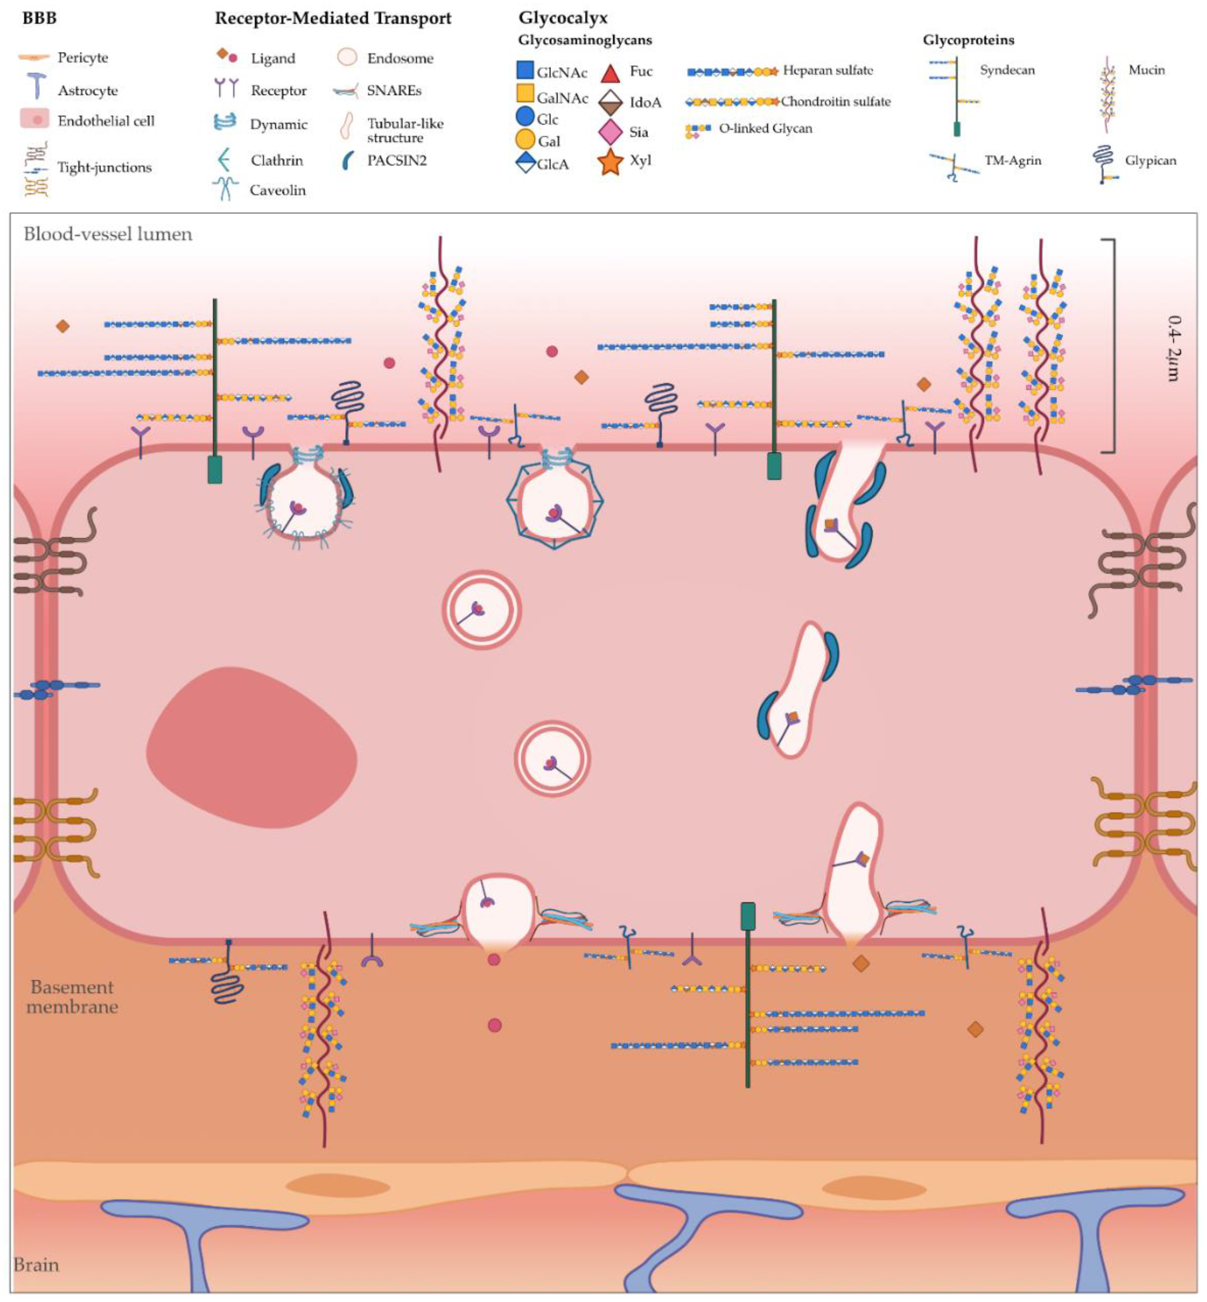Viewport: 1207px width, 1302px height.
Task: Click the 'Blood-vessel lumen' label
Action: pos(108,234)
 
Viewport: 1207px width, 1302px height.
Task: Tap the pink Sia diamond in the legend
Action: pos(610,132)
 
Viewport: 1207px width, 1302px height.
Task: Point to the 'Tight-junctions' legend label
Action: pos(105,167)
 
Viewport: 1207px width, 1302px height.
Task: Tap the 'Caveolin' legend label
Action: pos(278,190)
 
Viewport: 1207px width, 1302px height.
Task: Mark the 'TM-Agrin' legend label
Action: pos(1012,161)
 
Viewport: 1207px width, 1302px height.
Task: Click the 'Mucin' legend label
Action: pos(1146,70)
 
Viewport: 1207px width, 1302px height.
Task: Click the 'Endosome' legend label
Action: pos(400,58)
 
